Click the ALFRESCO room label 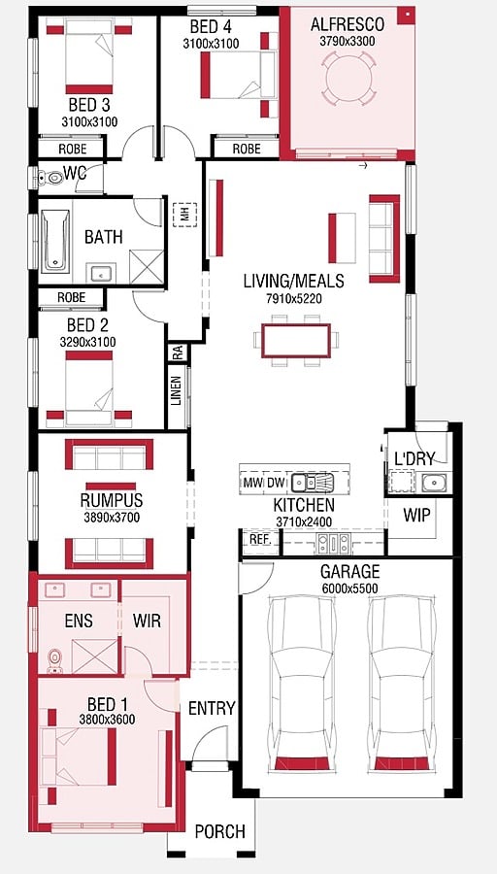point(348,24)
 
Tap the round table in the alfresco point(348,78)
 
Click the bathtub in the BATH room point(55,240)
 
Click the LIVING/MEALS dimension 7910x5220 point(293,299)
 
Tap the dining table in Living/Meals point(296,341)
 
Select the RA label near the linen point(178,353)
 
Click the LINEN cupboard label point(177,390)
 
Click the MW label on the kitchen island point(250,483)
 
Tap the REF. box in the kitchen point(259,540)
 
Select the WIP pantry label point(417,516)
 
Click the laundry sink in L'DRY point(432,482)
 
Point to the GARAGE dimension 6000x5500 point(349,588)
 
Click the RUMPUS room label point(112,500)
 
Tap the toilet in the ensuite point(54,661)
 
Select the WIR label point(147,621)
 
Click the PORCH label point(219,831)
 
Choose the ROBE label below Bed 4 point(247,149)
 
